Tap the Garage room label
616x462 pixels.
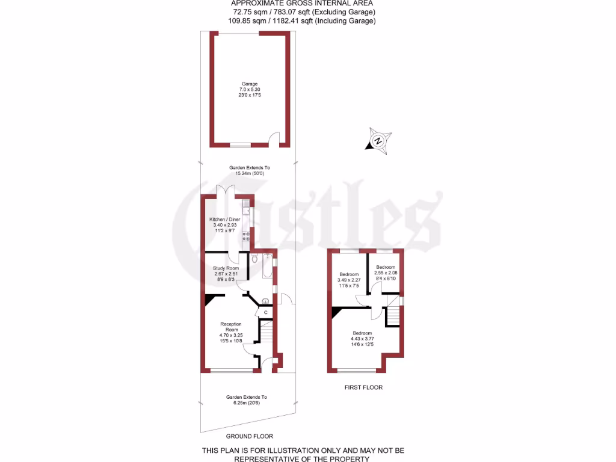coord(250,84)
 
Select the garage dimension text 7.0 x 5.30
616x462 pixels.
coord(250,90)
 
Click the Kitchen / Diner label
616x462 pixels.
coord(224,220)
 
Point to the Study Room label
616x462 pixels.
coord(226,268)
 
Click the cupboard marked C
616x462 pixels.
coord(265,312)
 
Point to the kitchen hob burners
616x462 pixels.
coord(245,236)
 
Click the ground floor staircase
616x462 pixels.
coord(266,334)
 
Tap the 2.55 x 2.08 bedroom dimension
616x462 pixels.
coord(386,273)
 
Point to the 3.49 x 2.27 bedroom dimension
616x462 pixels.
coord(349,280)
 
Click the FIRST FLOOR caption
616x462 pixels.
coord(363,387)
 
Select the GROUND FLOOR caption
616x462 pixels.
coord(249,436)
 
